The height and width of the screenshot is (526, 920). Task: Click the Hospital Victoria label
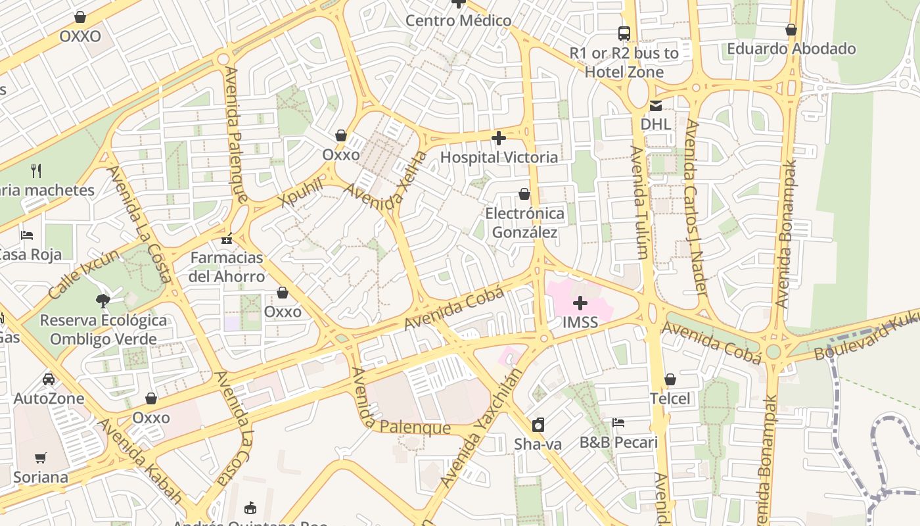[499, 157]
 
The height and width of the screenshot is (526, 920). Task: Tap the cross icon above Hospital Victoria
[499, 138]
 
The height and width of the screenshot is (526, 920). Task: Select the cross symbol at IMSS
[580, 303]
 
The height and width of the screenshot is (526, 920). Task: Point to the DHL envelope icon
[656, 106]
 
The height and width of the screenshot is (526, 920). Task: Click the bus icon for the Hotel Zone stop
[624, 34]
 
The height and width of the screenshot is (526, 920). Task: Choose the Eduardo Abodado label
[791, 49]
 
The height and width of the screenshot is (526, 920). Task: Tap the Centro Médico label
[458, 20]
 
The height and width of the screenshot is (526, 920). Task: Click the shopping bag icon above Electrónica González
[524, 194]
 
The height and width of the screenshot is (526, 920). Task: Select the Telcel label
[670, 398]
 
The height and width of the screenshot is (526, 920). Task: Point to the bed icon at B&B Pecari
[618, 423]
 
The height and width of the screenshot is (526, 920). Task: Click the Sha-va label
[538, 444]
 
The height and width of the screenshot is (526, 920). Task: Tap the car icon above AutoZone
[49, 379]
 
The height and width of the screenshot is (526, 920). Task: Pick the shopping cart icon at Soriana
[41, 458]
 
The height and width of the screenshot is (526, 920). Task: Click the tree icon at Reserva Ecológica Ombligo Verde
[103, 301]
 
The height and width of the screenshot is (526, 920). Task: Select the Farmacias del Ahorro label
[227, 266]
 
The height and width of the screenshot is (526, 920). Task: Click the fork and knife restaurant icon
[36, 171]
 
